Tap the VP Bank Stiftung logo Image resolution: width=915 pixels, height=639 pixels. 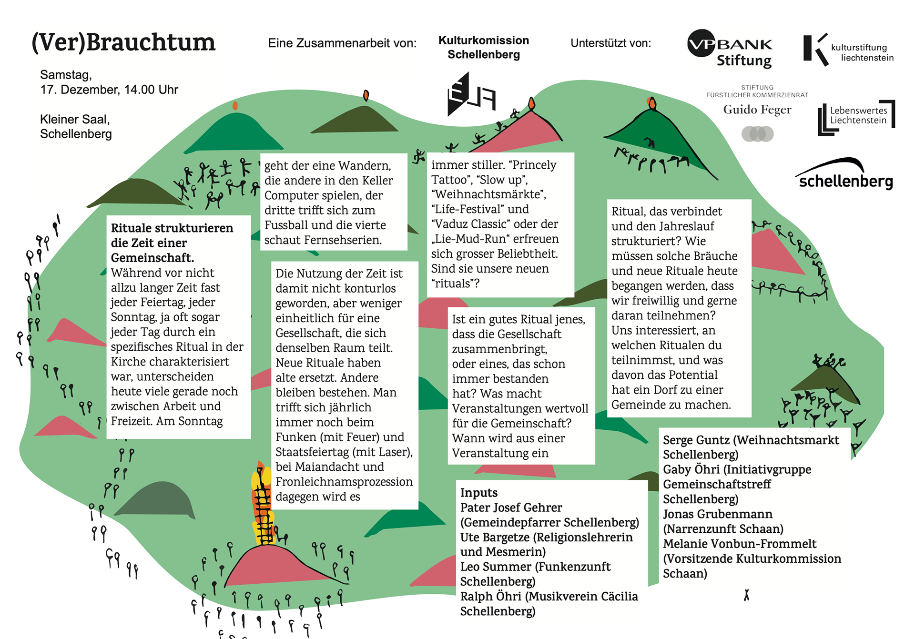[729, 49]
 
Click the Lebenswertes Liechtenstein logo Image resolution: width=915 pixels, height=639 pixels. [856, 117]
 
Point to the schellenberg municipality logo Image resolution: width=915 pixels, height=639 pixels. [844, 175]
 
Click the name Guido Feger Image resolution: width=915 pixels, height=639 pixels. [757, 110]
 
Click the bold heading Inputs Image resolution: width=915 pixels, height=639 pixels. [478, 493]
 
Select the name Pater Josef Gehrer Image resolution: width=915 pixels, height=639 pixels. [511, 507]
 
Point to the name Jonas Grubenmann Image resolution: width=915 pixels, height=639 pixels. [717, 514]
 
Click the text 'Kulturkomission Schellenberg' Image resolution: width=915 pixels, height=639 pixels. [483, 47]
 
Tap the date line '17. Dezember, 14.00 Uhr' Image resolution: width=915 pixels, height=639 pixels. [109, 90]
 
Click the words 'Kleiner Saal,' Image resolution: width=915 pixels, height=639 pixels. [75, 119]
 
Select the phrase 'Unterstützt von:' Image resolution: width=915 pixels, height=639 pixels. [610, 43]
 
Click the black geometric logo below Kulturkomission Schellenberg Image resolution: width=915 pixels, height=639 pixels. [470, 95]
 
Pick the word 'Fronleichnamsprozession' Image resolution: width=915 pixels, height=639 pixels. [344, 482]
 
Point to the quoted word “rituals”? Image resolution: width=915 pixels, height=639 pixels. [455, 284]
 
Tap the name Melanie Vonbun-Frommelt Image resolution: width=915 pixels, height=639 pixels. [739, 544]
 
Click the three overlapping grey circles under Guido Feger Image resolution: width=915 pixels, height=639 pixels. [757, 133]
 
